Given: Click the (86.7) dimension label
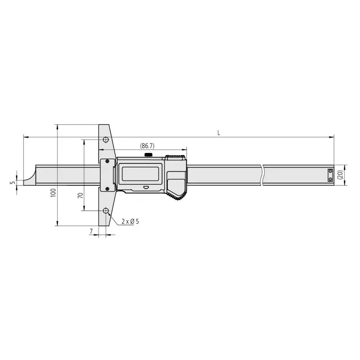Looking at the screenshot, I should tap(147, 146).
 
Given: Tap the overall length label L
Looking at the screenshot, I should tap(218, 132).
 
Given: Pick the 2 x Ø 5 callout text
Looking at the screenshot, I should tap(130, 221).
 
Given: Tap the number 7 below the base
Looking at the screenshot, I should tap(92, 231).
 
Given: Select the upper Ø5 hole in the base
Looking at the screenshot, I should tap(105, 139).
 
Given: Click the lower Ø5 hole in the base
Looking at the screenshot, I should tap(106, 211).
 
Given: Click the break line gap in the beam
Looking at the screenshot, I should tap(261, 175).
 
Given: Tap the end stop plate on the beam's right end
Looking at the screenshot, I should tap(330, 175).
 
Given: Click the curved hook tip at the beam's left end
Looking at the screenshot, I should tap(28, 176).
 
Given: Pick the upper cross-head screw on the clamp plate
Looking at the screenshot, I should tap(107, 161).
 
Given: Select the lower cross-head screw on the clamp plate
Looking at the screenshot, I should tap(107, 189).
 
